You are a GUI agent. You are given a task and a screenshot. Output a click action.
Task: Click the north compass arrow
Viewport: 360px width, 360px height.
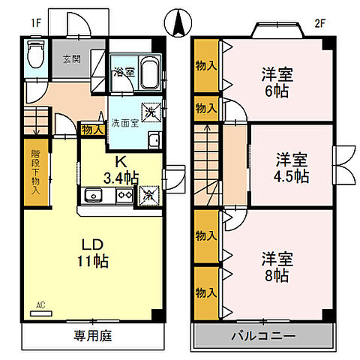(x=179, y=22)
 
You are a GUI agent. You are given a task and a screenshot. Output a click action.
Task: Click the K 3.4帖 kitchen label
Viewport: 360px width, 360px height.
(x=120, y=169)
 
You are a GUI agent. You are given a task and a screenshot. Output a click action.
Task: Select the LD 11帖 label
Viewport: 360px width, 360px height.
(x=94, y=253)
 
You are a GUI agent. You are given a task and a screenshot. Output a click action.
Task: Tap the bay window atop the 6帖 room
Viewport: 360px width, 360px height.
(x=275, y=29)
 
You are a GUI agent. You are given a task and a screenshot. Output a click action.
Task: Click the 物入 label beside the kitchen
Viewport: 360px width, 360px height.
(x=91, y=129)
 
